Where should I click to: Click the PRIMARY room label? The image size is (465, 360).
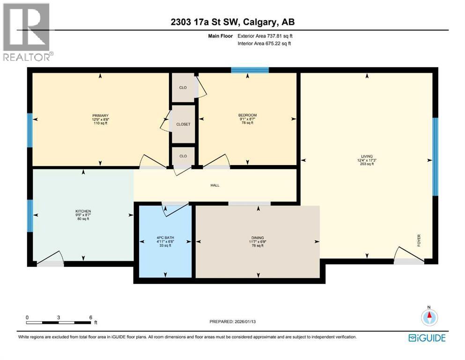[x=100, y=115]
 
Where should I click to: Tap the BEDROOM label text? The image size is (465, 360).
[x=248, y=115]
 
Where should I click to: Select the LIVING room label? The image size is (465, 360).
[x=366, y=157]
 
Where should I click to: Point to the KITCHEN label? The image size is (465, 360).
[x=83, y=211]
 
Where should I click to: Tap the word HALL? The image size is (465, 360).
[x=215, y=185]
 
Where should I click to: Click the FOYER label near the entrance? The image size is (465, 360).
[x=420, y=240]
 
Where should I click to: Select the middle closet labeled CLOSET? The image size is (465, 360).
[x=183, y=125]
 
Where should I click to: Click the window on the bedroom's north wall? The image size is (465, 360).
[x=250, y=70]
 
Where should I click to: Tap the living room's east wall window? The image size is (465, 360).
[x=435, y=157]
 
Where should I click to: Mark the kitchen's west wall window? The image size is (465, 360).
[x=30, y=216]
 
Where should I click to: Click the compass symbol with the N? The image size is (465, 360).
[x=428, y=317]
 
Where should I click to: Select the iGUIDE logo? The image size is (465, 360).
[x=427, y=337]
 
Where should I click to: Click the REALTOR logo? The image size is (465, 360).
[x=27, y=32]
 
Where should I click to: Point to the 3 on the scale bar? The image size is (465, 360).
[x=59, y=317]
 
